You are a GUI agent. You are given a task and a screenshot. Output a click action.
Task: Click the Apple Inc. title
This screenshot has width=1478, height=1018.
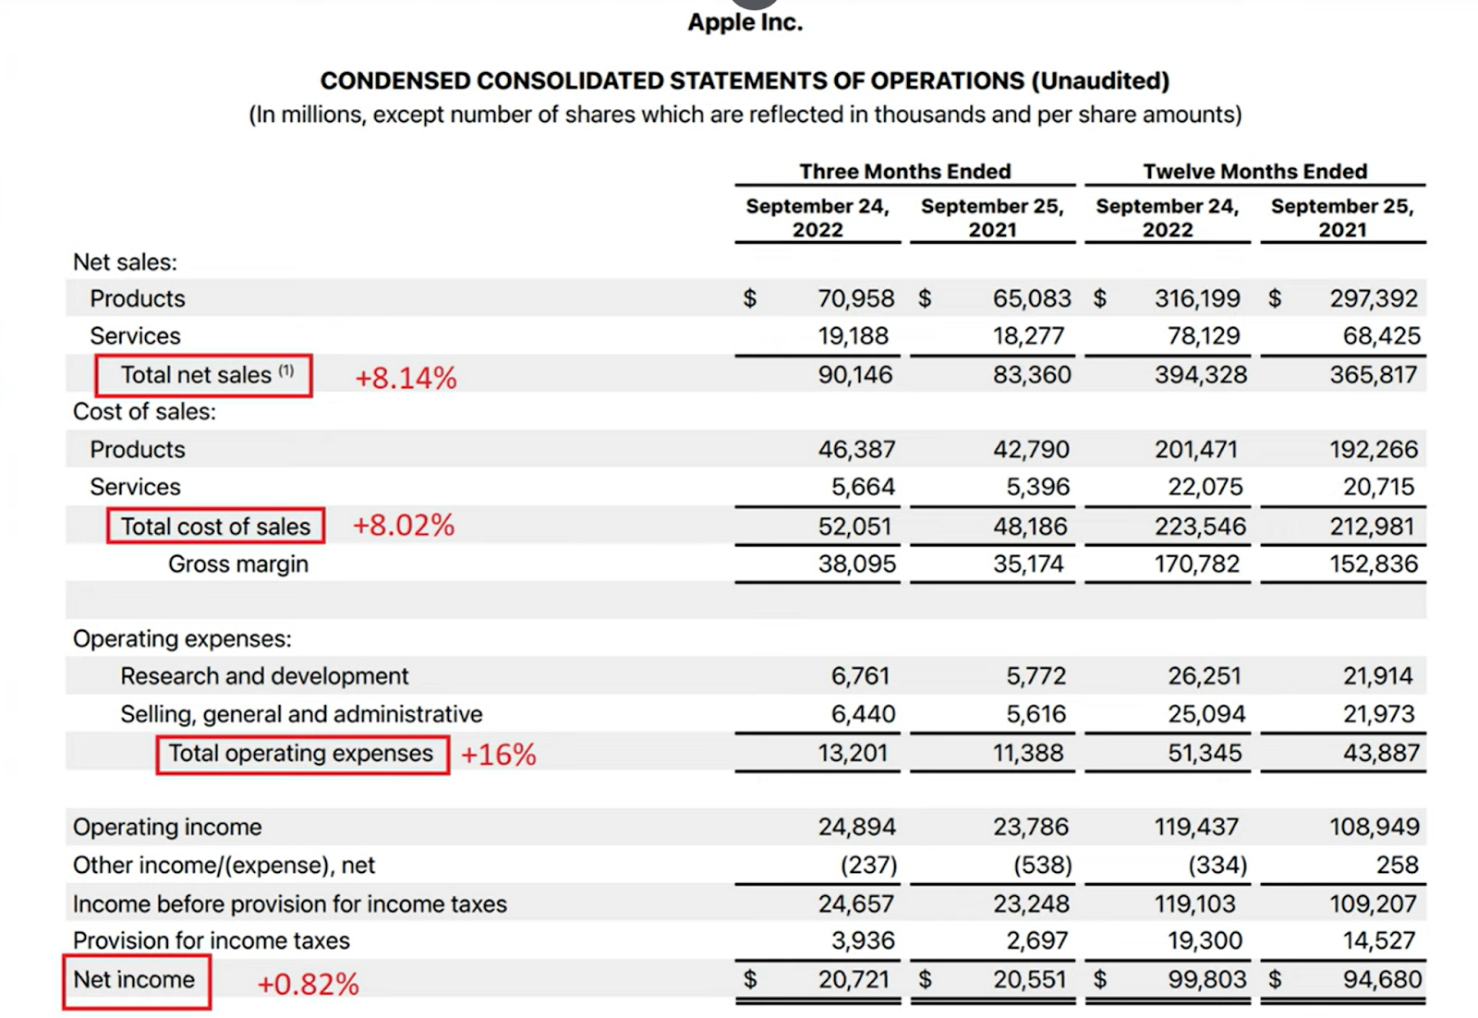coord(745,22)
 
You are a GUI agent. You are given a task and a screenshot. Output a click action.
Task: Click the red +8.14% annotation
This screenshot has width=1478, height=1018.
coord(406,378)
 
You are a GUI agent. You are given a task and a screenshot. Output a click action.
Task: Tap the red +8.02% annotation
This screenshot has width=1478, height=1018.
coord(404,526)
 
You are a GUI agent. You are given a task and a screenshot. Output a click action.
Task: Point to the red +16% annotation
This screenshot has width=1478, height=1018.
coord(498,755)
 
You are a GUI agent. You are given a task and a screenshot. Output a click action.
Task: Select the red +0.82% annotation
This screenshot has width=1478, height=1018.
coord(308,985)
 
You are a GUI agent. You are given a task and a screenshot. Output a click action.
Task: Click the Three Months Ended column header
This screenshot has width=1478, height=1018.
coord(904,172)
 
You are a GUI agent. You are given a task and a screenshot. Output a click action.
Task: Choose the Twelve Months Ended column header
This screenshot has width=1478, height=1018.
coord(1254,172)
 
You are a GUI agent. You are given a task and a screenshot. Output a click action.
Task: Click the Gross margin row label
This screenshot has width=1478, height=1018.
coord(238,564)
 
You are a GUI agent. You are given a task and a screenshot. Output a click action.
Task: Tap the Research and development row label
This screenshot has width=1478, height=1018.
coord(264,676)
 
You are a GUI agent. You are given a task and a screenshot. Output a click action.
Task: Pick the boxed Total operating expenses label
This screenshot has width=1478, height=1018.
coord(301,754)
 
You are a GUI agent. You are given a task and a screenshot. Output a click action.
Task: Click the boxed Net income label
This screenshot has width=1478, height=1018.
coord(135,980)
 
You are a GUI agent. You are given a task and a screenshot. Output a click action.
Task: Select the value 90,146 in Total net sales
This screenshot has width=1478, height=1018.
coord(855,375)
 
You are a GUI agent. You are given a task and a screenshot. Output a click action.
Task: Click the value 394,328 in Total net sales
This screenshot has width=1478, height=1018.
coord(1200,375)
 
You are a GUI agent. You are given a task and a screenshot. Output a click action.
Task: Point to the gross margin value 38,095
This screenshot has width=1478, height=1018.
coord(856,564)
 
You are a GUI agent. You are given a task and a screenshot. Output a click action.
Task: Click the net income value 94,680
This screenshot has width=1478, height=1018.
coord(1382,980)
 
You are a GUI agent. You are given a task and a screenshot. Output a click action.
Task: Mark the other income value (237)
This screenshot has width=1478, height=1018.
coord(868,866)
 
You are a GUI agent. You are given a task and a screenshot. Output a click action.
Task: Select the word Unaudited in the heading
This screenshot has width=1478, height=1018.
coord(1100,81)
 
